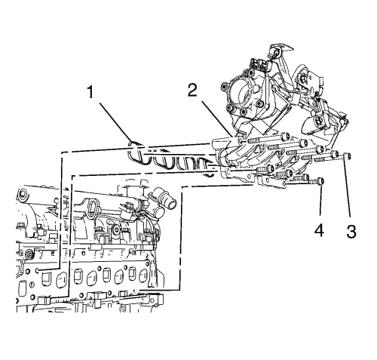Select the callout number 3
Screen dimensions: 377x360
point(351,232)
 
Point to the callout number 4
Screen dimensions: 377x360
point(319,230)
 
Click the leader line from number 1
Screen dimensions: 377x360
point(115,122)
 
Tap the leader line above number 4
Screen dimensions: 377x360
point(320,201)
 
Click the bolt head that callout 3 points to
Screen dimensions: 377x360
point(347,155)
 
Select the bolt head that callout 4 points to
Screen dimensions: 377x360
point(320,181)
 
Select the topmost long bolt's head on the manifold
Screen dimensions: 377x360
point(284,137)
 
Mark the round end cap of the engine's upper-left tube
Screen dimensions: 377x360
point(21,195)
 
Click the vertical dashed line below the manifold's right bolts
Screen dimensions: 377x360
point(180,238)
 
